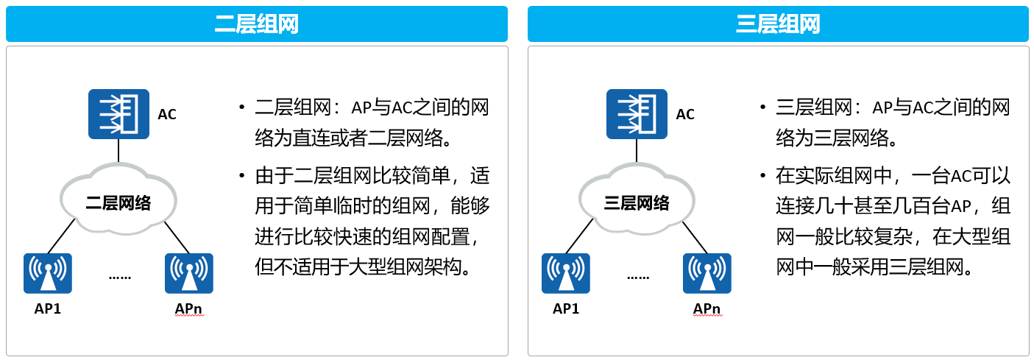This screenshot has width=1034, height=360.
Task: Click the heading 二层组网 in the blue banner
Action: pos(257,24)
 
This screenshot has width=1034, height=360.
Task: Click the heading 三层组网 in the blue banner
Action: pos(778,24)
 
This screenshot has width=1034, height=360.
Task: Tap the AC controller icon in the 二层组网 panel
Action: pos(118,114)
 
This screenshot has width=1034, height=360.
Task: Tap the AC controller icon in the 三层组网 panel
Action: pos(637,114)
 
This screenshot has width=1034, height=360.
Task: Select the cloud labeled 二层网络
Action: pos(118,200)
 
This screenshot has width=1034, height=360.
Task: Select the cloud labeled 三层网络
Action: pos(637,200)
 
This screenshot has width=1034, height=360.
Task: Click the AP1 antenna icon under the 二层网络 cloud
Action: pos(48,273)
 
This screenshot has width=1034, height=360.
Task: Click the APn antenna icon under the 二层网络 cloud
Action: pos(189,273)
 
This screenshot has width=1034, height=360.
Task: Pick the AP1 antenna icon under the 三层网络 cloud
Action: pos(565,273)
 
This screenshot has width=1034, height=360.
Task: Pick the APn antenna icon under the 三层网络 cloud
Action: pos(707,273)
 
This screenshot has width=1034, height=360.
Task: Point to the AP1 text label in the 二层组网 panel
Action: pos(48,308)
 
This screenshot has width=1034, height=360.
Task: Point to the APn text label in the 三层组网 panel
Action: pos(707,308)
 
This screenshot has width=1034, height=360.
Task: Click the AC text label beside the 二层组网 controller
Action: pos(167,114)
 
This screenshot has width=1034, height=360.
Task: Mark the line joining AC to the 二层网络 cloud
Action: pos(118,151)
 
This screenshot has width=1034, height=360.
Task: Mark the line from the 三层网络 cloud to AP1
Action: pos(579,236)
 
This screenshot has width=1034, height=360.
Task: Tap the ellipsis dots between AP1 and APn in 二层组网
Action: pos(120,278)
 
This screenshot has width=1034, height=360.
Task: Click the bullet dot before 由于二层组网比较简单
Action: pos(241,175)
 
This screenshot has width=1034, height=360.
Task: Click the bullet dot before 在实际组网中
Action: pos(762,175)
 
